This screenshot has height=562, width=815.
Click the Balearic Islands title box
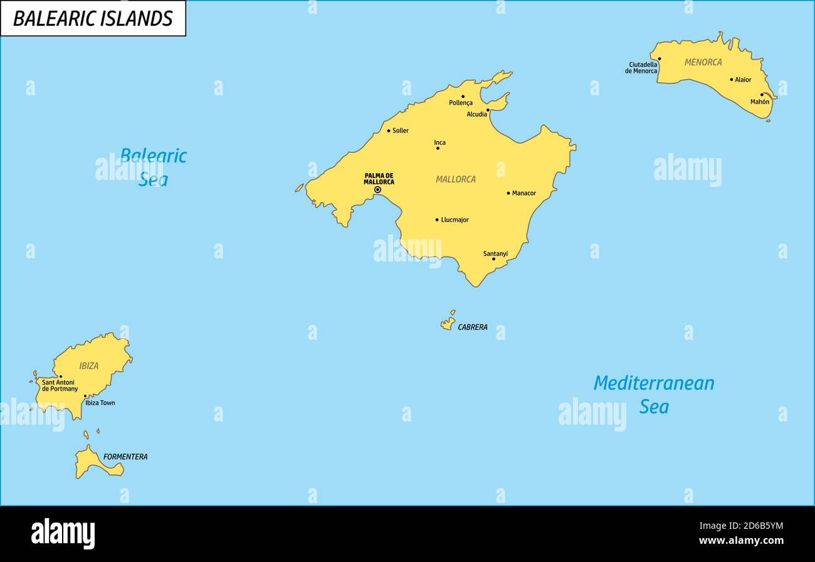coord(93,18)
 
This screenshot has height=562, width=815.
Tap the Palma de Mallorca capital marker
coord(377,189)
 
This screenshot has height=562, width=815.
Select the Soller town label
coord(400,130)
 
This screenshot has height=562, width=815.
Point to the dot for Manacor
coord(508,193)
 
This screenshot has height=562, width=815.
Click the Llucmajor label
coord(455,220)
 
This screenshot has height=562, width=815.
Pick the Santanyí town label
coord(495,253)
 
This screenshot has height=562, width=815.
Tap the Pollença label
coord(461,103)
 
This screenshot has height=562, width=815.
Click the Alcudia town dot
coord(488,110)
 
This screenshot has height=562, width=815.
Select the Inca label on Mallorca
coord(440,142)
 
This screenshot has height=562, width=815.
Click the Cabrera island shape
coord(448,324)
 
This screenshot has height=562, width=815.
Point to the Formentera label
coord(125,457)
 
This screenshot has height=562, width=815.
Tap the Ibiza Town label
coord(100,403)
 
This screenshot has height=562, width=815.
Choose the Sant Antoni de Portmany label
coord(60,386)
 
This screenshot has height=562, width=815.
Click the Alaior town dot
coord(731,80)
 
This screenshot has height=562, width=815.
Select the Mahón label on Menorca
coord(760,102)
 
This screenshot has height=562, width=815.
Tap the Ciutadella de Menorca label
coord(641,68)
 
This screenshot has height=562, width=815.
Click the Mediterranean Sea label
coord(654,395)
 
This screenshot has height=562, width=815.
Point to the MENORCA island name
coord(703,62)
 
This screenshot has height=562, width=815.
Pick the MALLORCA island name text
coord(456,179)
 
